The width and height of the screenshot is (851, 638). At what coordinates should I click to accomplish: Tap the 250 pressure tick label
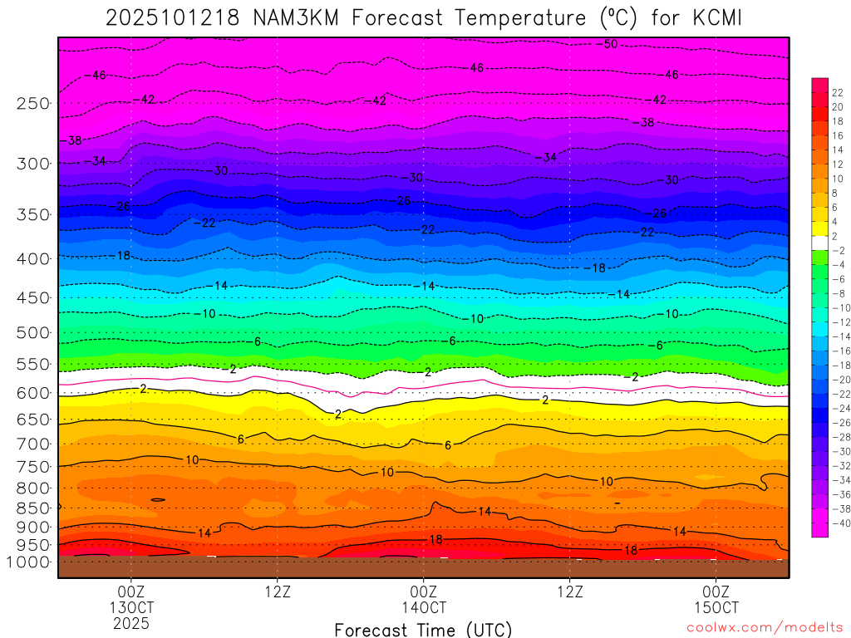coord(33,104)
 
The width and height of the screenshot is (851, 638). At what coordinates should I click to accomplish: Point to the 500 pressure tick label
coord(33,333)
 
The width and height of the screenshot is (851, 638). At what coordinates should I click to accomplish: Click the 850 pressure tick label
coord(33,507)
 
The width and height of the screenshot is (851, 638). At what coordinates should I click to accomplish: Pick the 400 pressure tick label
coord(33,259)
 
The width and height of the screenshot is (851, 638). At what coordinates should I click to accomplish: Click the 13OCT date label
coord(131,607)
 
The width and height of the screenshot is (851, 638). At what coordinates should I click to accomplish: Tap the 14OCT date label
coord(424,607)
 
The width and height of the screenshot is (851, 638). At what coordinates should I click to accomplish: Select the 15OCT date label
coord(716,607)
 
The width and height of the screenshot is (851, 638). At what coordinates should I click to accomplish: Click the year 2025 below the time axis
coord(131,622)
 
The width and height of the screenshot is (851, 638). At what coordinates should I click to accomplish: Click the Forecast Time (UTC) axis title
coord(423,630)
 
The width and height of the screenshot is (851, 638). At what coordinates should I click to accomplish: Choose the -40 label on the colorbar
coord(838,523)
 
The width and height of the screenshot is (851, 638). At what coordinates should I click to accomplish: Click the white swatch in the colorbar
coord(819,237)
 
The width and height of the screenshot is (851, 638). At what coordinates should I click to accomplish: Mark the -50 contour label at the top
coord(609,44)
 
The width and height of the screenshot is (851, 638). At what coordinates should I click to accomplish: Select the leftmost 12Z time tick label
coord(278,592)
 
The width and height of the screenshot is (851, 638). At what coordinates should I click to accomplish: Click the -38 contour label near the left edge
coord(73,141)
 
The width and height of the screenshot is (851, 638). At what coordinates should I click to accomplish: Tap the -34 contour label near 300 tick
coord(98,160)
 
